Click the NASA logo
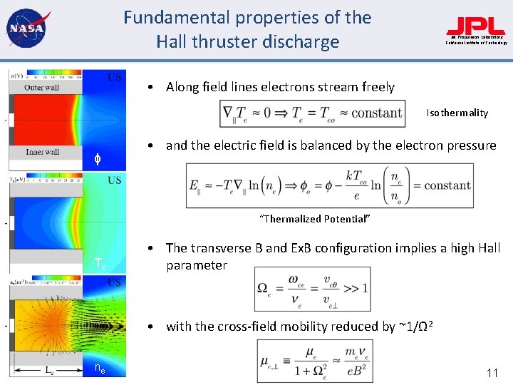coord(26,29)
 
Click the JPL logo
coord(476,28)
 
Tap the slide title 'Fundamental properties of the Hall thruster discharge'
coord(247,29)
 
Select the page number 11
coord(491,372)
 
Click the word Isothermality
coord(457,113)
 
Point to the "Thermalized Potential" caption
coord(315,219)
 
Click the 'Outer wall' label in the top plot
coord(41,88)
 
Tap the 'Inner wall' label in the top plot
coord(42,152)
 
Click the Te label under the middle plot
coord(100,264)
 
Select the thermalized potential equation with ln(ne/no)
coord(329,185)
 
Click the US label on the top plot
coord(114,76)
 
